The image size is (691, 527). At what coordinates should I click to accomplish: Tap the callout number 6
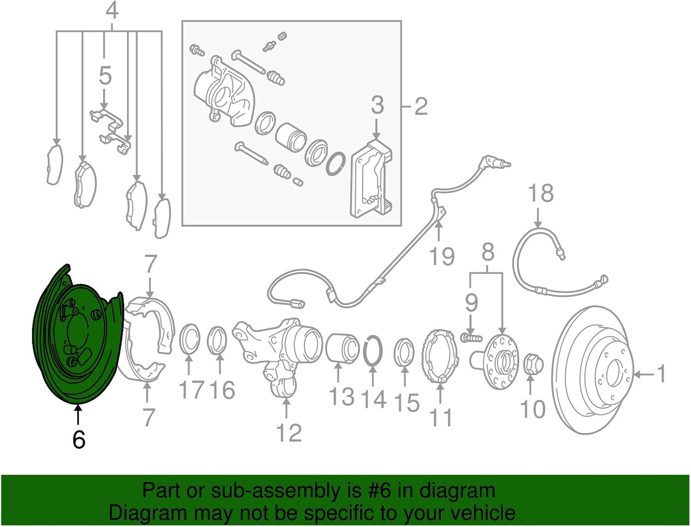coord(79,440)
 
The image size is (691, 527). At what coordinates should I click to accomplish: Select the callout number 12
coord(289,433)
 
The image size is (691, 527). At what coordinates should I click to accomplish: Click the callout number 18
coord(540,194)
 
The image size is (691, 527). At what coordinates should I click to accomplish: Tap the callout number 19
coord(441,256)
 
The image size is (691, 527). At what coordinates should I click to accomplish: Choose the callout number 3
coord(377,105)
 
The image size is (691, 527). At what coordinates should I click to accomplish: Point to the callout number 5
coord(105,76)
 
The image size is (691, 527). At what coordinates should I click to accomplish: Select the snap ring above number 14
coord(373,352)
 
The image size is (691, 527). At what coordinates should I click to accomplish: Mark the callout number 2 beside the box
coord(421,107)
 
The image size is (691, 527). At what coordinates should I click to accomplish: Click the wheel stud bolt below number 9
coord(470,338)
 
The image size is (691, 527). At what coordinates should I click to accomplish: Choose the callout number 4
coord(112,11)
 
